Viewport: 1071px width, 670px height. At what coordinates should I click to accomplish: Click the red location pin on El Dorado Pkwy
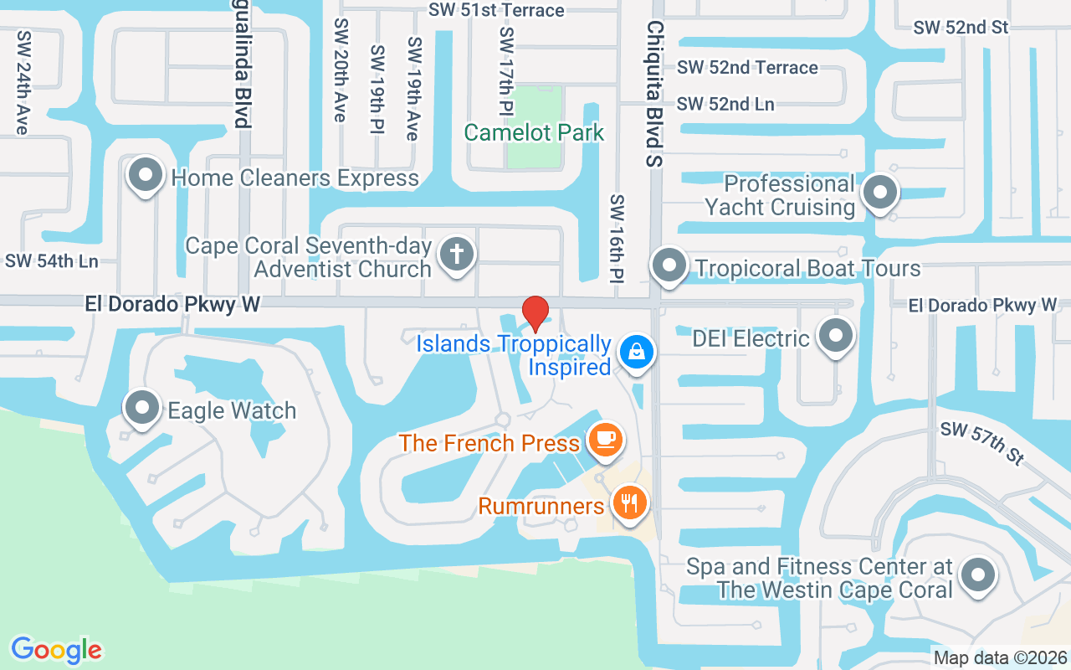pos(535,313)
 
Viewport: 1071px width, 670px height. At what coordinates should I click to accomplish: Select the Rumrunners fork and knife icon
pos(630,504)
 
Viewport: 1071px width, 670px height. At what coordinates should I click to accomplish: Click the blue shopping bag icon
pos(637,352)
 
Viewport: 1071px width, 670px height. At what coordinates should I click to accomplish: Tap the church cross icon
pos(457,253)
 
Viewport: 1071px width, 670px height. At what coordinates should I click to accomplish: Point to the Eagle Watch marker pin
pos(142,407)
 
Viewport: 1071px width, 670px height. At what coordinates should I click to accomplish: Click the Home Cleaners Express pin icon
pos(146,175)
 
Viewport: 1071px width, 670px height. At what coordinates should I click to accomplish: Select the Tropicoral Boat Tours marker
pos(669,265)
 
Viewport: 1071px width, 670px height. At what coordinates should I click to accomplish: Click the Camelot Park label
pos(534,133)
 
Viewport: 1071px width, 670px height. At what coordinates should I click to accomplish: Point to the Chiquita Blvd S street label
pos(653,92)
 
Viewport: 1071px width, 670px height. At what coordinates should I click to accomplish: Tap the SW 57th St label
pos(981,442)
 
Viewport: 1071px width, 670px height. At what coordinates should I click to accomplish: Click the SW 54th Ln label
pos(52,261)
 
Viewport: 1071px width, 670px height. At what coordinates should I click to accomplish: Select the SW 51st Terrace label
pos(496,10)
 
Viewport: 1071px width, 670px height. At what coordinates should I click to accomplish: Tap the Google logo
pos(57,650)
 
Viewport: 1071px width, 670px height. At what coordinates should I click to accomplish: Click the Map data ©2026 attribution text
pos(1001,657)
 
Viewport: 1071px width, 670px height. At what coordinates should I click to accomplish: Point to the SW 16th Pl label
pos(617,239)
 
